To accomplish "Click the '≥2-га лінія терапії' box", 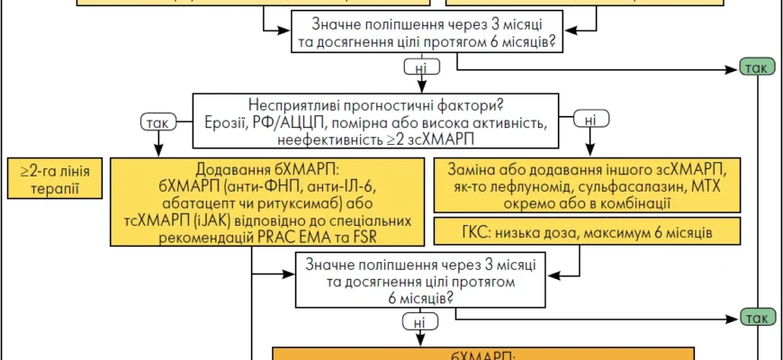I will pyautogui.click(x=54, y=178).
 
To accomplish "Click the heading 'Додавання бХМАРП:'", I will pyautogui.click(x=266, y=168).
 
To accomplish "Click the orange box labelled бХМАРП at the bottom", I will pyautogui.click(x=483, y=354).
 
